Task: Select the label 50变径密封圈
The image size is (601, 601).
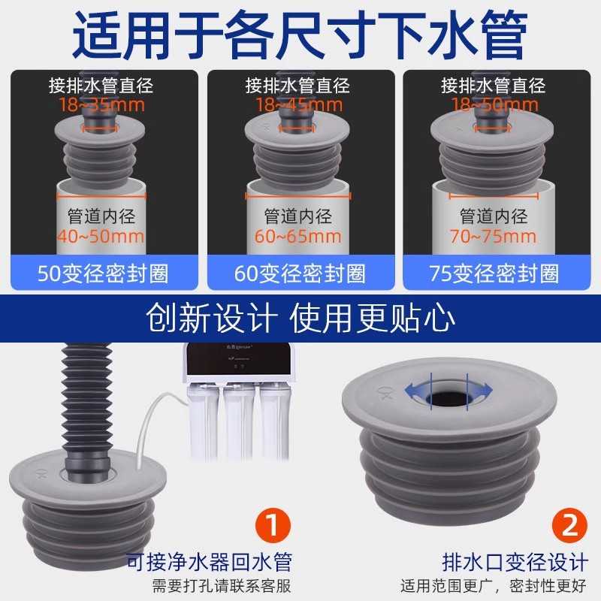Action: [103, 273]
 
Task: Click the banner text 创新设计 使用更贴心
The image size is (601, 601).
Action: [300, 318]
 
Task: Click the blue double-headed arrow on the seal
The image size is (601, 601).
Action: [449, 390]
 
